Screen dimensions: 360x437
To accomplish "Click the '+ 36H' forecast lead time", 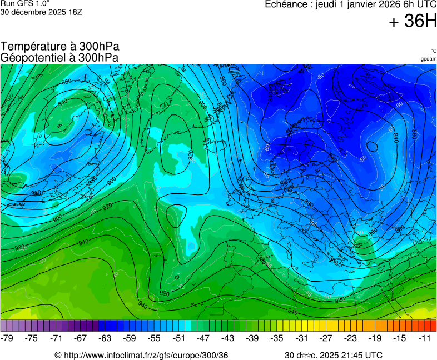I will pyautogui.click(x=413, y=21).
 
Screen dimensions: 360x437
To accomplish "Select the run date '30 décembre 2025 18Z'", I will pyautogui.click(x=42, y=12).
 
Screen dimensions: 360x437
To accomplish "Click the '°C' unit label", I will pyautogui.click(x=433, y=51).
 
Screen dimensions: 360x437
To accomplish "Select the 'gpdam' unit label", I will pyautogui.click(x=428, y=58).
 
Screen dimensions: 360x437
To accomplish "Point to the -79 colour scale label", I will pyautogui.click(x=7, y=338).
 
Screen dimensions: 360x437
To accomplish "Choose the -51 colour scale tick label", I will pyautogui.click(x=180, y=338).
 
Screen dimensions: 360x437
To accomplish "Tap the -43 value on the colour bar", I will pyautogui.click(x=228, y=338).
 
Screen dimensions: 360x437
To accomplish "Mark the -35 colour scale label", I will pyautogui.click(x=278, y=338).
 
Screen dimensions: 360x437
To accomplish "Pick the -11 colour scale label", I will pyautogui.click(x=425, y=338).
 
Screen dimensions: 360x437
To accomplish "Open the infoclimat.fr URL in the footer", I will pyautogui.click(x=146, y=355).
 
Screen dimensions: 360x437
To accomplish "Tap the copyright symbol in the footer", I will pyautogui.click(x=58, y=355).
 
